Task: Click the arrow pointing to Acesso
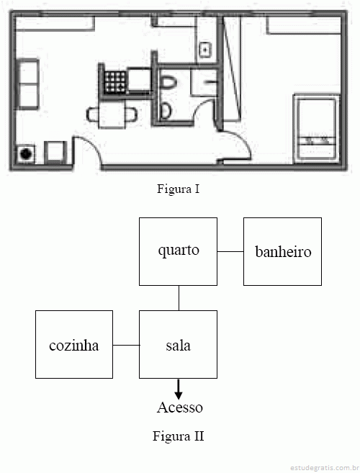tap(179, 389)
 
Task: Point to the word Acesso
tap(180, 407)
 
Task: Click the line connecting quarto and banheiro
tap(230, 251)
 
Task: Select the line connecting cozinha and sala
tap(126, 345)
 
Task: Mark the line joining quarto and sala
tap(179, 298)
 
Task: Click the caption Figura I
tap(178, 189)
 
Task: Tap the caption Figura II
tap(178, 436)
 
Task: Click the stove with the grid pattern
tap(115, 82)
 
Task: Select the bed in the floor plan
tap(317, 128)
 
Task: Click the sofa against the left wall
tap(27, 84)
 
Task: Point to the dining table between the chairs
tap(112, 115)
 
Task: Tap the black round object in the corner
tap(26, 154)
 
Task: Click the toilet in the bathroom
tap(168, 82)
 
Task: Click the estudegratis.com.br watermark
tap(325, 467)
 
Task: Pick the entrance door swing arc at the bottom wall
tap(94, 145)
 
